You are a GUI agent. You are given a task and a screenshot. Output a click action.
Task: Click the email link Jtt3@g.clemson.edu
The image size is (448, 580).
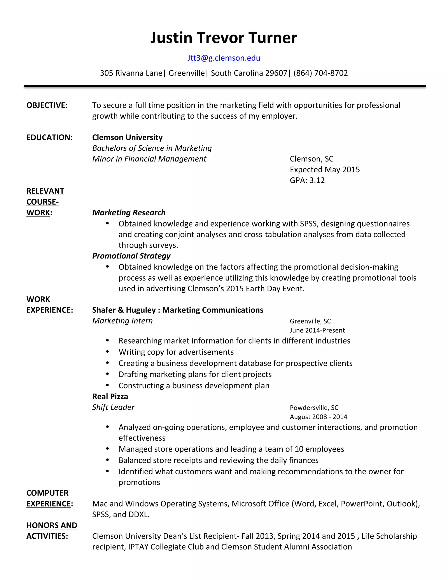click(x=224, y=58)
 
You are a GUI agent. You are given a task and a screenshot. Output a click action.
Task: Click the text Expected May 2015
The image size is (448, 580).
click(x=325, y=170)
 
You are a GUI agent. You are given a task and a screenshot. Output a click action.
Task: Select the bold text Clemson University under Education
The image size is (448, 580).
click(x=127, y=138)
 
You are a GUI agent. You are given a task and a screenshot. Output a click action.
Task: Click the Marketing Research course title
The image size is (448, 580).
click(x=129, y=213)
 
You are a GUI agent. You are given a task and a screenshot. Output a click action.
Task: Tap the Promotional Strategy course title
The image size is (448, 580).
click(x=131, y=256)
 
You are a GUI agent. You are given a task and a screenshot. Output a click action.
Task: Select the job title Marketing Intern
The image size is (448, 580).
click(x=122, y=321)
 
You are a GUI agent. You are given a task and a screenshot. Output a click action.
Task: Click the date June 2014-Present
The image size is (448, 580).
click(x=317, y=330)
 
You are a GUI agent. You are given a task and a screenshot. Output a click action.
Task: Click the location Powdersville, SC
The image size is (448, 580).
click(x=314, y=408)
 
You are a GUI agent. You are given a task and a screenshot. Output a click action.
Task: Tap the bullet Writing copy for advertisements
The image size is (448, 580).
click(x=176, y=352)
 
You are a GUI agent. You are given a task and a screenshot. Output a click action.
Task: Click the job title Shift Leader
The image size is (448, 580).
click(x=113, y=407)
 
